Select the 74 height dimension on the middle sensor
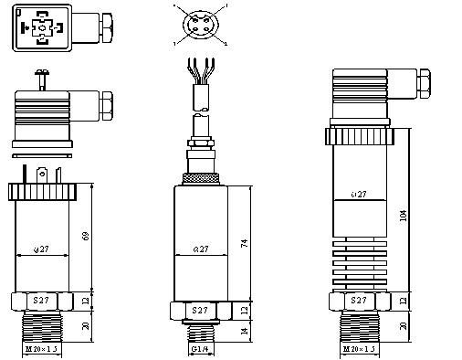point(243,244)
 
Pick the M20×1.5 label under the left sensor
point(41,350)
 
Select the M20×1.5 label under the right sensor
point(359,350)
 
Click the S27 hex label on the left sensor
point(42,301)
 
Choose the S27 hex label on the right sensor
point(359,301)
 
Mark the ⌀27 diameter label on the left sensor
point(41,249)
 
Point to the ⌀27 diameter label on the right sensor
point(359,195)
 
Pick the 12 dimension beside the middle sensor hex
point(243,311)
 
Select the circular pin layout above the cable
point(200,25)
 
